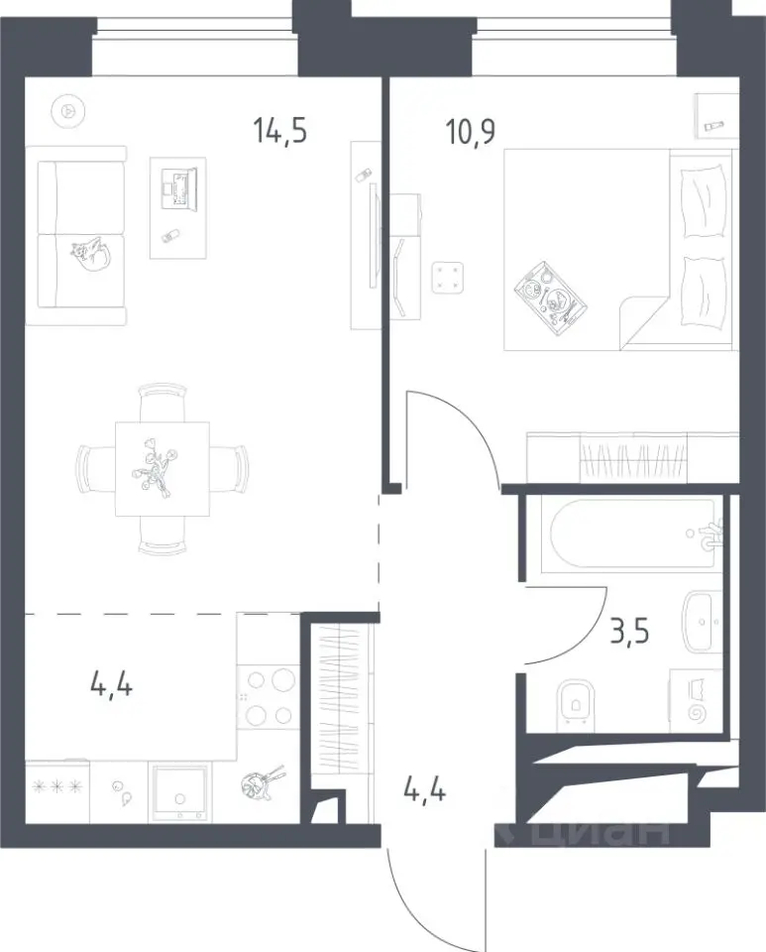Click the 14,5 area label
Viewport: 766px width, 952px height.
coord(280,131)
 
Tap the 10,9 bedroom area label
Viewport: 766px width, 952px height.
coord(471,132)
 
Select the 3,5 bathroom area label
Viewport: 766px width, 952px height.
coord(629,632)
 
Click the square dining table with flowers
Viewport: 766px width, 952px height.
coord(162,469)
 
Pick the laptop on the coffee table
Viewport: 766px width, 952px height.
coord(178,184)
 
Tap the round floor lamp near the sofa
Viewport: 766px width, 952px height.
coord(68,111)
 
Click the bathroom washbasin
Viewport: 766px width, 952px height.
coord(703,621)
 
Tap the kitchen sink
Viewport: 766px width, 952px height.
coord(179,793)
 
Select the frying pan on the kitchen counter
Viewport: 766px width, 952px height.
coord(261,783)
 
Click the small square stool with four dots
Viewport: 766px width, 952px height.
coord(448,278)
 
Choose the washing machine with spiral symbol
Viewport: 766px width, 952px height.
coord(697,701)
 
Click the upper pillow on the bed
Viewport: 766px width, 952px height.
coord(704,202)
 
